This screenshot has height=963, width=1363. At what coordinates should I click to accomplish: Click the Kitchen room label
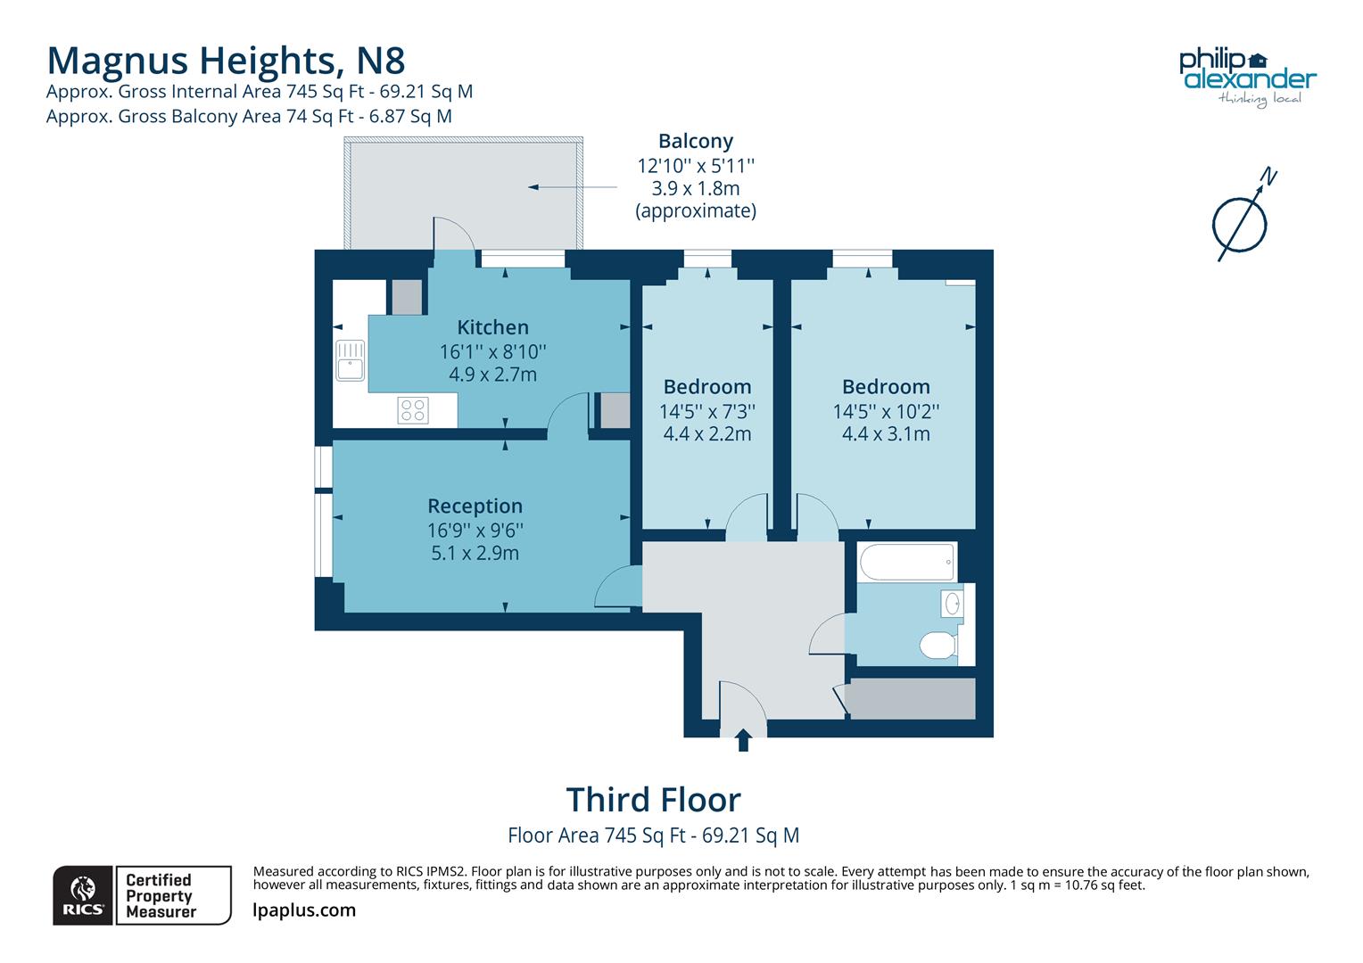tap(492, 327)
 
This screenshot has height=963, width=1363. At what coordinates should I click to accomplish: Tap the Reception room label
tap(475, 506)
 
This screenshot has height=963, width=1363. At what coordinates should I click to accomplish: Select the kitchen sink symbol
tap(351, 359)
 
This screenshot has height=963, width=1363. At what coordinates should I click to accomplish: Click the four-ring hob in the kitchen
tap(413, 410)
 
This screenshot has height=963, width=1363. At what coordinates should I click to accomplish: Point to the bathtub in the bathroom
tap(906, 563)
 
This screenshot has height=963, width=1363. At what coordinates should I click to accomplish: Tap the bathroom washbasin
tap(953, 604)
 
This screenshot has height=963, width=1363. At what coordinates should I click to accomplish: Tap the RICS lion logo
tap(83, 895)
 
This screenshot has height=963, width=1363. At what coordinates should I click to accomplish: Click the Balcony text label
tap(696, 141)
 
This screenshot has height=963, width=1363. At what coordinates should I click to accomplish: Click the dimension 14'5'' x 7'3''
tap(707, 412)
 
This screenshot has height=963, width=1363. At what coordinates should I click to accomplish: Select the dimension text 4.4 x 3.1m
tap(886, 434)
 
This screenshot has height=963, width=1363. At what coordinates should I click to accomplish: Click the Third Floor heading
tap(653, 800)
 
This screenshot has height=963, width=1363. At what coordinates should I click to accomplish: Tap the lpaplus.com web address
tap(304, 910)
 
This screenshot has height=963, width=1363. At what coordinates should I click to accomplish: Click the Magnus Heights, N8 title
tap(226, 60)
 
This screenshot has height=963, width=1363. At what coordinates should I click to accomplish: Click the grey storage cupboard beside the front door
tap(910, 699)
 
